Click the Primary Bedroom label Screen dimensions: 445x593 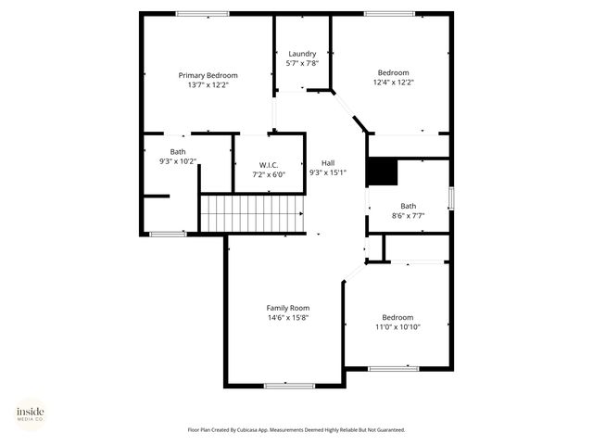coord(208,75)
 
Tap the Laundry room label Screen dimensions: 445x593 coord(302,54)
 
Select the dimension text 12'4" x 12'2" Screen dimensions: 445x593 coord(393,83)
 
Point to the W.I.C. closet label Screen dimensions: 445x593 coord(269,164)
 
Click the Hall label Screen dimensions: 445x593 coord(327,162)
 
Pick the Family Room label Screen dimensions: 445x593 coord(288,308)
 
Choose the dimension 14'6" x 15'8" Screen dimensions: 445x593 coord(288,317)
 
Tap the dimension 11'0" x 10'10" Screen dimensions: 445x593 coord(397,326)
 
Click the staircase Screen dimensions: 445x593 coord(252,213)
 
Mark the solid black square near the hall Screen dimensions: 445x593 coord(382,172)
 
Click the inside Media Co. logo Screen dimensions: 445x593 coord(31,413)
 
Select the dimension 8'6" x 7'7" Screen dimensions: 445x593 coord(409,216)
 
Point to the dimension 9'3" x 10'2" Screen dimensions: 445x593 coord(178,161)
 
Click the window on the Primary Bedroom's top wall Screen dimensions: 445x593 coord(203,13)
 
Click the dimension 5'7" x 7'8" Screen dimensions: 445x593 coord(302,63)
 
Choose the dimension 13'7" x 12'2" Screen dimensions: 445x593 coord(208,84)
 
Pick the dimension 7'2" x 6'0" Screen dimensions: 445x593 coord(269,173)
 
